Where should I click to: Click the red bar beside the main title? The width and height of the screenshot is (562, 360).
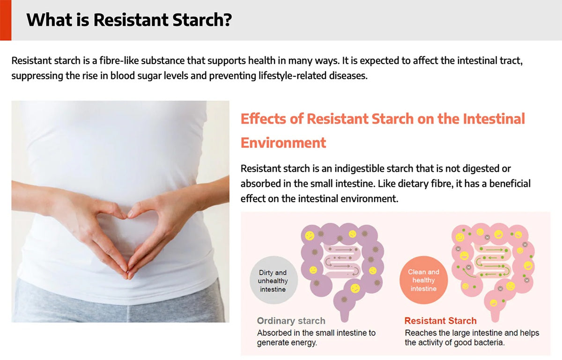pyautogui.click(x=6, y=20)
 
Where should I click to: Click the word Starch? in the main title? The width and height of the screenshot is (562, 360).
pyautogui.click(x=202, y=20)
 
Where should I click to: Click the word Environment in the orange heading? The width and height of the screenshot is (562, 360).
pyautogui.click(x=283, y=142)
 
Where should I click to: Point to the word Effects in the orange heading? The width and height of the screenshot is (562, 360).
pyautogui.click(x=263, y=118)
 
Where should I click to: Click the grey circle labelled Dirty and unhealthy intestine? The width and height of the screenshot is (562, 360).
pyautogui.click(x=274, y=280)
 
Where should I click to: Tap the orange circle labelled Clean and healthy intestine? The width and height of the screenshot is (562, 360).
pyautogui.click(x=423, y=280)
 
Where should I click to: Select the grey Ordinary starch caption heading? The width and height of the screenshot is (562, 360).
pyautogui.click(x=291, y=321)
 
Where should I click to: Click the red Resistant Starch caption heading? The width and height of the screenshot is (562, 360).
pyautogui.click(x=440, y=321)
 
